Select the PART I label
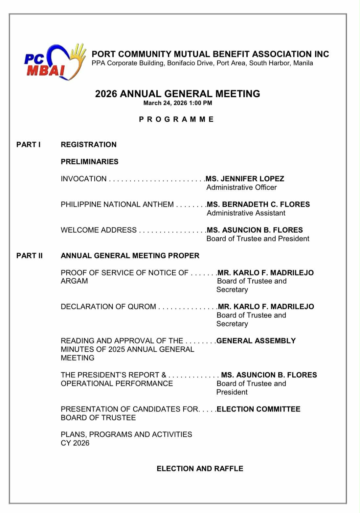[29, 145]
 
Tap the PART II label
[30, 256]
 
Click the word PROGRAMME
[176, 119]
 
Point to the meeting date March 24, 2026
[165, 103]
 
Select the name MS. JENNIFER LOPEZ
[245, 179]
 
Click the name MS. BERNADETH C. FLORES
[259, 204]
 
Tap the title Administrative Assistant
[246, 213]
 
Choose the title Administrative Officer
[242, 187]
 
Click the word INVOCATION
[84, 179]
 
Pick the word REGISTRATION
[89, 145]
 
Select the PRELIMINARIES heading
[90, 162]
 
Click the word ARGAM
[74, 281]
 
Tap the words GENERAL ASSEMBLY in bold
[256, 341]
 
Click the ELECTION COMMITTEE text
[259, 409]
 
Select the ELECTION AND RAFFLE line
[200, 469]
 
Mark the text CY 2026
[75, 443]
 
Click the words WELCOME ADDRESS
[99, 230]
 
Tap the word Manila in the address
[303, 63]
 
